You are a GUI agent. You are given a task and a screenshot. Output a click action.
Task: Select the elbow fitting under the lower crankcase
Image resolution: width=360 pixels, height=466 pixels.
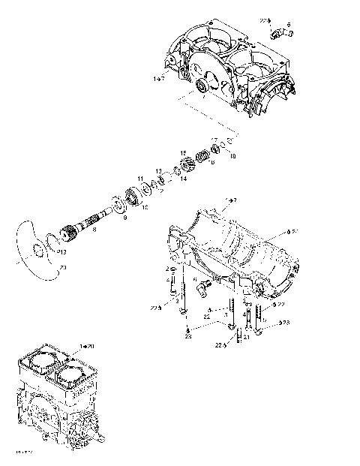coord(203,285)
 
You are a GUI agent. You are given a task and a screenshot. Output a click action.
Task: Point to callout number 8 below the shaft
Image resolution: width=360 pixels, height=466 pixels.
coord(94,231)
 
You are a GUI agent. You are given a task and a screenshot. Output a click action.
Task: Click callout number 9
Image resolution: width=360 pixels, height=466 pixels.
coord(124,218)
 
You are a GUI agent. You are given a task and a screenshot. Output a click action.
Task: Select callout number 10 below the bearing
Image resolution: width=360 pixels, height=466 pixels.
coord(145,206)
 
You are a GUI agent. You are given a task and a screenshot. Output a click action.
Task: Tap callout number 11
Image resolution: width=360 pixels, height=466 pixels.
coord(139,179)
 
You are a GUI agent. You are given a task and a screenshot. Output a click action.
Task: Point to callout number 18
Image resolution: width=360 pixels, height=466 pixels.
coord(232,156)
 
